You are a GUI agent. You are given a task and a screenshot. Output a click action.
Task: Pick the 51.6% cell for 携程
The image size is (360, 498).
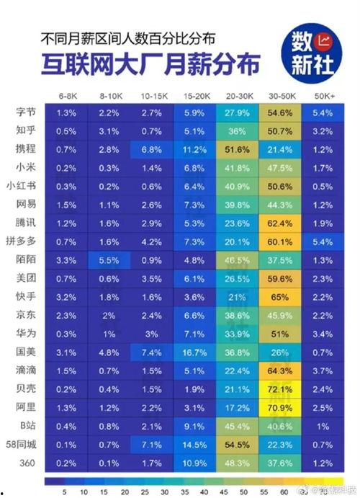(237, 148)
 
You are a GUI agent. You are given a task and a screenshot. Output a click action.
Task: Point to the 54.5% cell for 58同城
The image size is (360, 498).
(237, 444)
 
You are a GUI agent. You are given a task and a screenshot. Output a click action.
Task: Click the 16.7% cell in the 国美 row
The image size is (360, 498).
(194, 352)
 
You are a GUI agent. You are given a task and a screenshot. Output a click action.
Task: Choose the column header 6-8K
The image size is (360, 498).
(67, 94)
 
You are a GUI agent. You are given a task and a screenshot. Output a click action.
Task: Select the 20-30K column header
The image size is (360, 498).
(237, 94)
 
